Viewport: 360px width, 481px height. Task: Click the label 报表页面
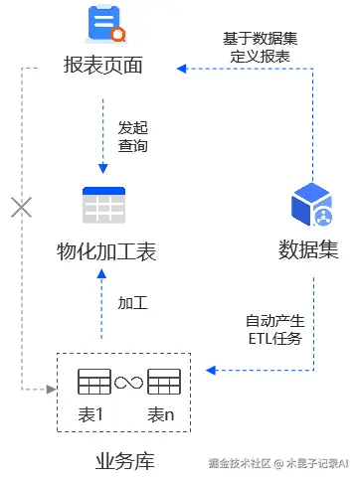102,67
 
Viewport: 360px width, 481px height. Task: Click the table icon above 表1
93,381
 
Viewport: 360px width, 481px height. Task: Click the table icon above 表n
163,381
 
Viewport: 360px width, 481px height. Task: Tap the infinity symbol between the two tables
128,382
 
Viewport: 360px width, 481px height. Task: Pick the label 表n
162,413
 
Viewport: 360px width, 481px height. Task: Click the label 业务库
124,460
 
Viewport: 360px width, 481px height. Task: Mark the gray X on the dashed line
21,207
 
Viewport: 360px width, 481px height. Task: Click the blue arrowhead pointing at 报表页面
181,68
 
